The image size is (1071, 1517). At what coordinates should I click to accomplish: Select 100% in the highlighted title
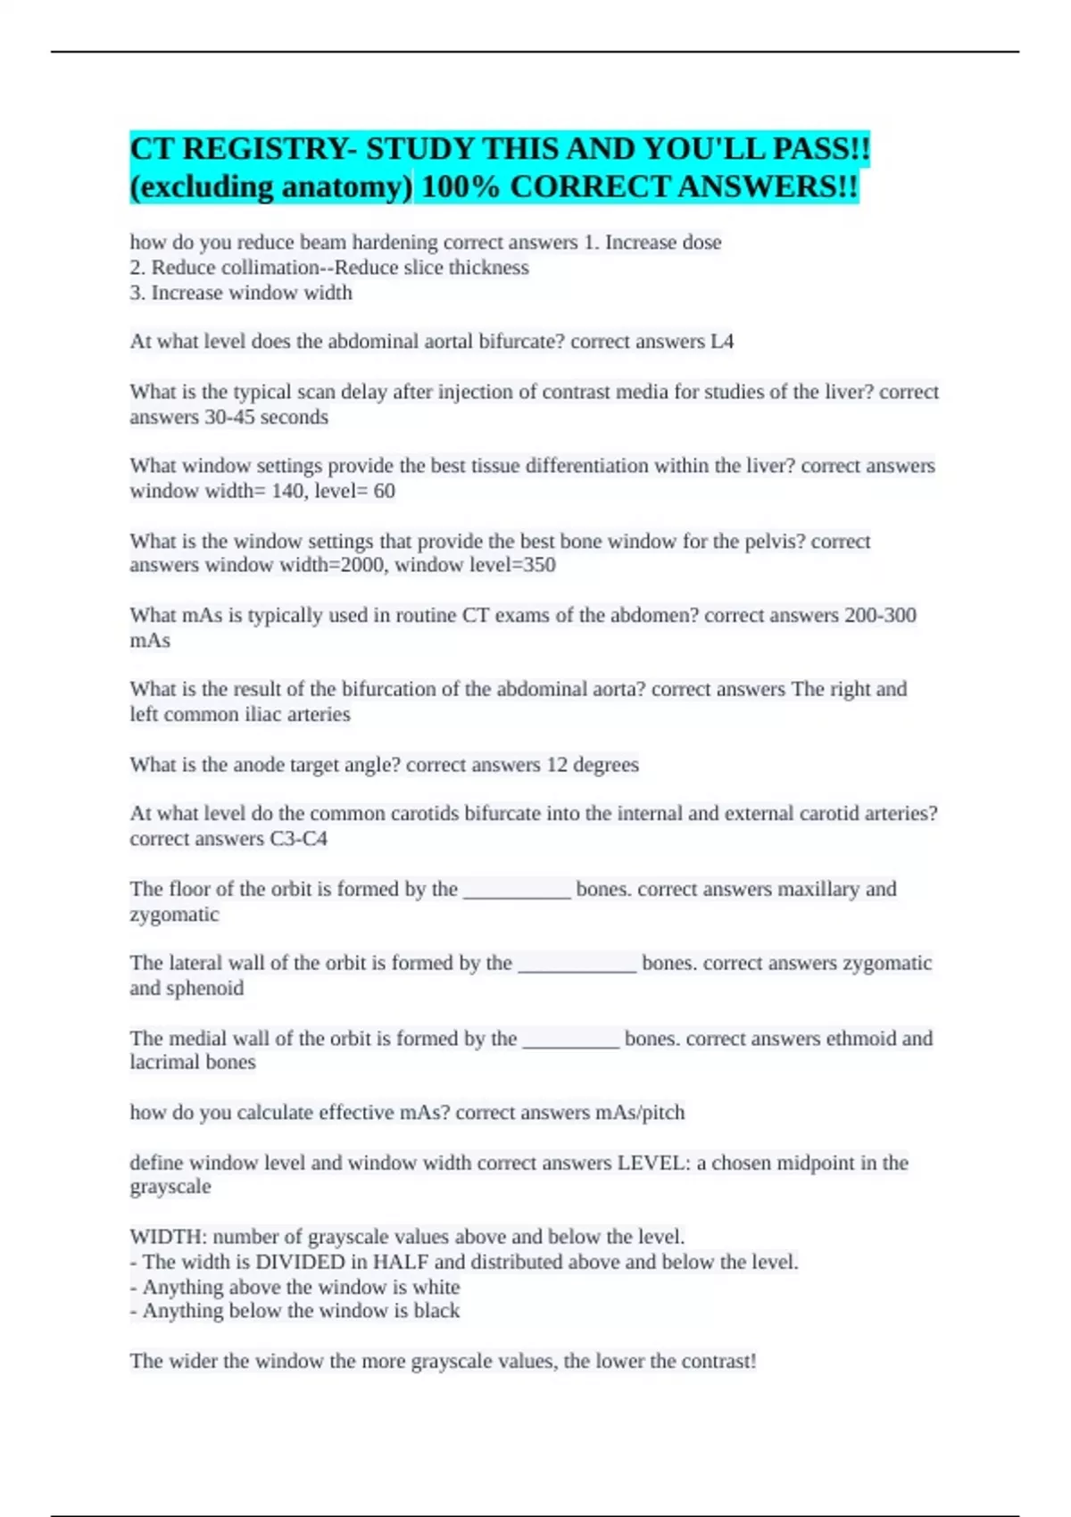coord(461,187)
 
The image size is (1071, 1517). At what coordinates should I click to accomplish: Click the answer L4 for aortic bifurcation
coord(721,341)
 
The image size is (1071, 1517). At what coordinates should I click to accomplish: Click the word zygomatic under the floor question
coord(174,914)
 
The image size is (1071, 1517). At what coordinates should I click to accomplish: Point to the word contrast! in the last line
coord(718,1361)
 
